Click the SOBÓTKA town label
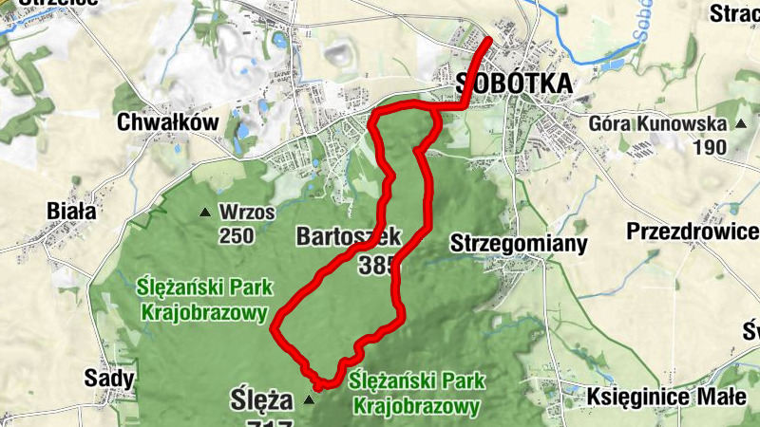[x=514, y=84]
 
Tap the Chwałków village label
[x=167, y=122]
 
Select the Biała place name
[x=71, y=211]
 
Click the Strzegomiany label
[x=518, y=242]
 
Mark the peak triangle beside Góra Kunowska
[x=740, y=123]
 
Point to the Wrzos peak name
[x=246, y=211]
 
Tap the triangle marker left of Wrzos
[x=203, y=212]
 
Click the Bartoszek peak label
[x=349, y=235]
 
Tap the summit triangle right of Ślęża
[x=308, y=402]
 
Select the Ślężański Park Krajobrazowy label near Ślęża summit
[x=412, y=393]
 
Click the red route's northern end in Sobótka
[x=490, y=40]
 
